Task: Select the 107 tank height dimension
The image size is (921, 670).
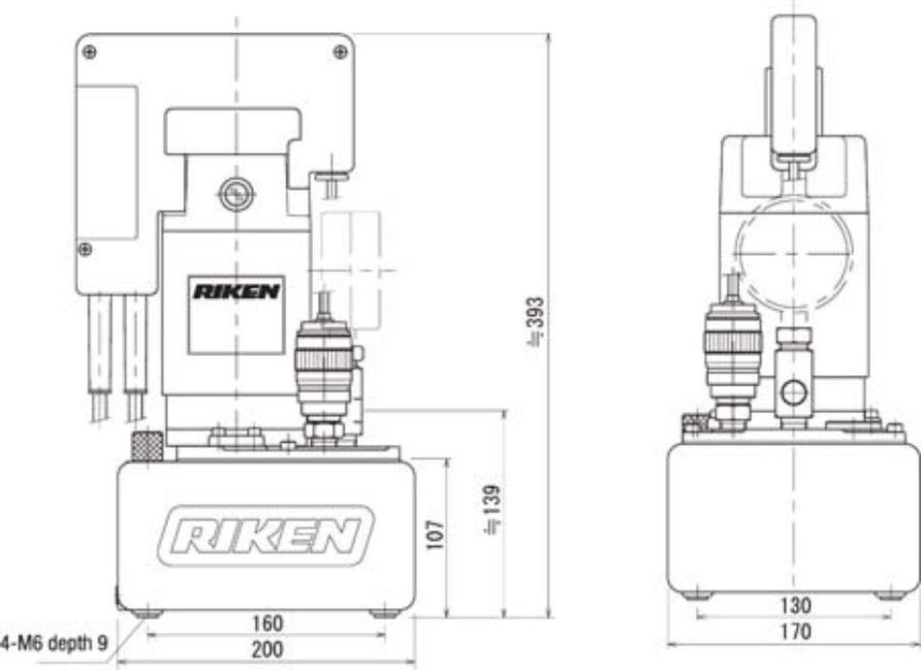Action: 435,532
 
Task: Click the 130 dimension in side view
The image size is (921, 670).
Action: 794,607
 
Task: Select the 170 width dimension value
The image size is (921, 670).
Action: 794,632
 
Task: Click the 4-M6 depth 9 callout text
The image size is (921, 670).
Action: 54,641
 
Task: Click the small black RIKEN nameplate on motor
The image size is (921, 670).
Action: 236,291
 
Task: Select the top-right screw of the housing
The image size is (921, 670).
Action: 340,50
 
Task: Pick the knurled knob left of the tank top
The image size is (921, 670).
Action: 144,447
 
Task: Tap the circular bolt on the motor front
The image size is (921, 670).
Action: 234,195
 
